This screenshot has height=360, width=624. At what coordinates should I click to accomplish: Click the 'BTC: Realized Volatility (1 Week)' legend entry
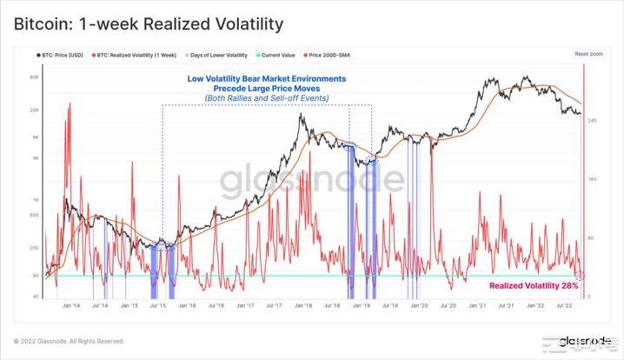136,54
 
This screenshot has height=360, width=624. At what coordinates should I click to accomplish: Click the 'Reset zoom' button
588,54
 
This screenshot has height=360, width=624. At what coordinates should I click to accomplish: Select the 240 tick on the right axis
593,120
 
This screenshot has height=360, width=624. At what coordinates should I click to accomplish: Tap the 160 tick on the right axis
593,179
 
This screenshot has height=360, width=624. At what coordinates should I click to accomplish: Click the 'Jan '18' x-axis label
303,306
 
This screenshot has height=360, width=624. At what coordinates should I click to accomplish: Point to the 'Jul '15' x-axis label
158,306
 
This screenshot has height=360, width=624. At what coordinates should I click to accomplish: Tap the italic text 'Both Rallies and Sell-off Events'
267,99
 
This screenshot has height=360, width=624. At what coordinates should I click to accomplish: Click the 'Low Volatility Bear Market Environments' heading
267,79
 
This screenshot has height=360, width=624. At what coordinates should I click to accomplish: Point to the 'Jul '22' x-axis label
565,306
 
